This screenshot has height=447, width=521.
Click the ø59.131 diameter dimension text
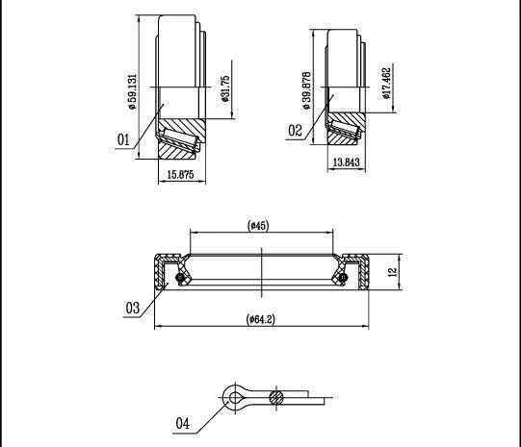132,91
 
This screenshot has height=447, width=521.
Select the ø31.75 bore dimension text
225,88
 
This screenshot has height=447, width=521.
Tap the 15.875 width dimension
180,174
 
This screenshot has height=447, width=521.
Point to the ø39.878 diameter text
306,90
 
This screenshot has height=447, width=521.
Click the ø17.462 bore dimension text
386,83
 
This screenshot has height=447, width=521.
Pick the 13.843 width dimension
346,162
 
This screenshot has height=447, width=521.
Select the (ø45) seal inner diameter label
258,226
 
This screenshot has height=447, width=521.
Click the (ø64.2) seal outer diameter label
260,319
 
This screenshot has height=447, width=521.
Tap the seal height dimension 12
393,272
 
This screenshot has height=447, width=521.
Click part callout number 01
123,139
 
